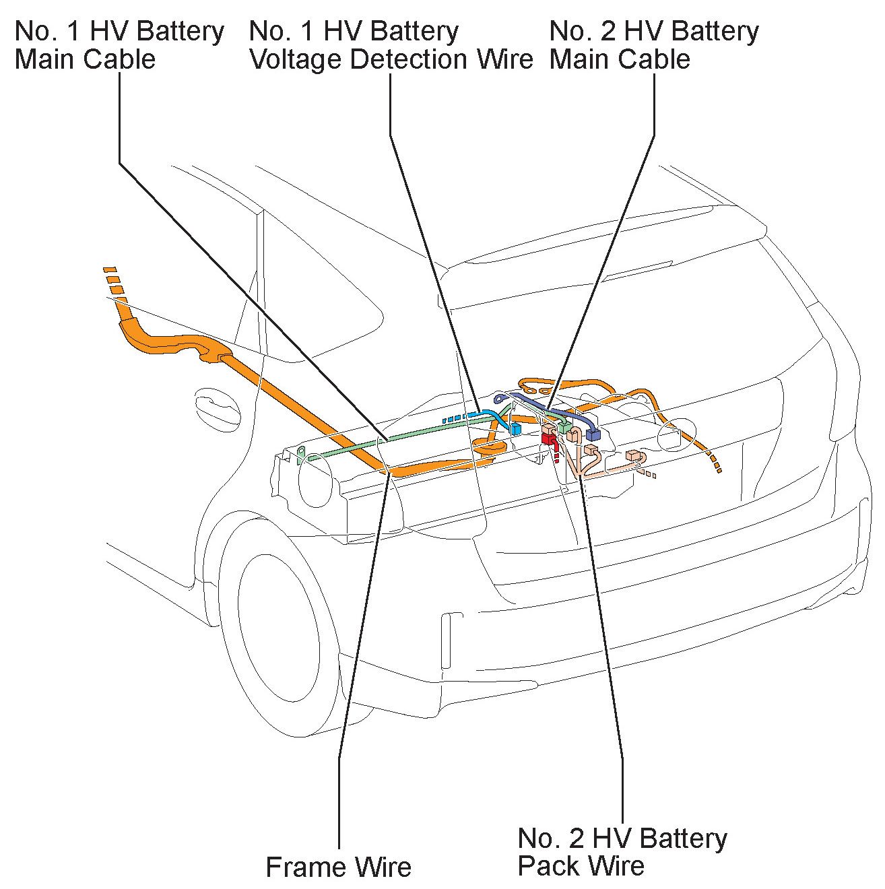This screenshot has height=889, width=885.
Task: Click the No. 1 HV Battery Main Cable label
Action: point(119,45)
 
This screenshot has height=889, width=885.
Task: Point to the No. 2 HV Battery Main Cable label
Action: point(653,45)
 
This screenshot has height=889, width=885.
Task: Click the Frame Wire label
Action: point(338,867)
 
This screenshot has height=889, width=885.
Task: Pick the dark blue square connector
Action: point(593,434)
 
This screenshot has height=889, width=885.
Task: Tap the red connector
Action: point(549,439)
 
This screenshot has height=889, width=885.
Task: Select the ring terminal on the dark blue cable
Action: point(499,399)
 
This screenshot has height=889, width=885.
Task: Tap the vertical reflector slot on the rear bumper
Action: point(445,640)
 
